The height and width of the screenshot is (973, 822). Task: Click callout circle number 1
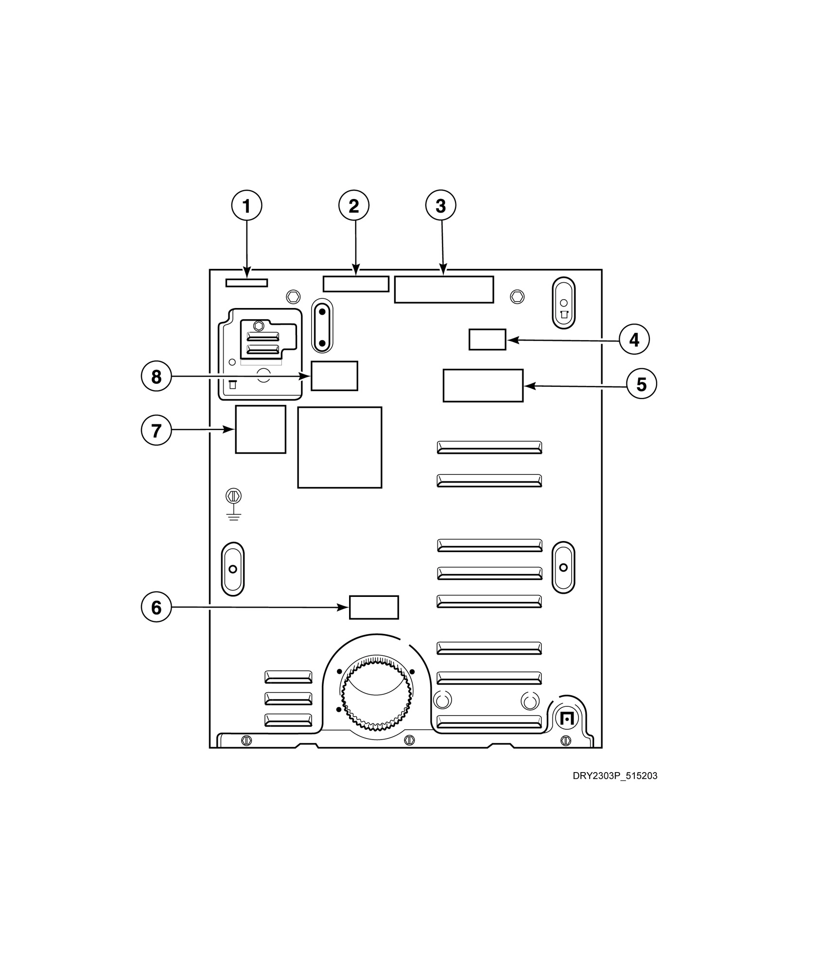pos(246,206)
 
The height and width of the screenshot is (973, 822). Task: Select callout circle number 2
pos(354,206)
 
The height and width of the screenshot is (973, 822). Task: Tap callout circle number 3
pos(441,206)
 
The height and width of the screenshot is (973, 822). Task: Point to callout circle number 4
pos(634,340)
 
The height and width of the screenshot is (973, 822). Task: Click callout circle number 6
pos(156,607)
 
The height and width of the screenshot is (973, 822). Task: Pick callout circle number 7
pos(156,430)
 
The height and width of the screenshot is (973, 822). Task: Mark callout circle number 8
pos(156,377)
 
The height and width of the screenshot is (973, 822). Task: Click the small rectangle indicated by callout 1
pos(246,283)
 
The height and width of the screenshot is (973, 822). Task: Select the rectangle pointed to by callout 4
pos(487,340)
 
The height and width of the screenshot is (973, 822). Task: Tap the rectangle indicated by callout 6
pos(374,607)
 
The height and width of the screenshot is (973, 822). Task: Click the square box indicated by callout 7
pos(261,429)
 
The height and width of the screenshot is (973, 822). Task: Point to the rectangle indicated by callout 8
pos(334,376)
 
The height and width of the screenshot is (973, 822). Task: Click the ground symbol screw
pos(234,496)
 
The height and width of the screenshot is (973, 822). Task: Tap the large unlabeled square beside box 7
pos(340,447)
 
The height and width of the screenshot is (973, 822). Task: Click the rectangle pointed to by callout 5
pos(483,385)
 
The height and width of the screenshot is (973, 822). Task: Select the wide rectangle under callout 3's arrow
pos(444,289)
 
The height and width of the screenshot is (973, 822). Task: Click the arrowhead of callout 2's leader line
pos(356,272)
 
